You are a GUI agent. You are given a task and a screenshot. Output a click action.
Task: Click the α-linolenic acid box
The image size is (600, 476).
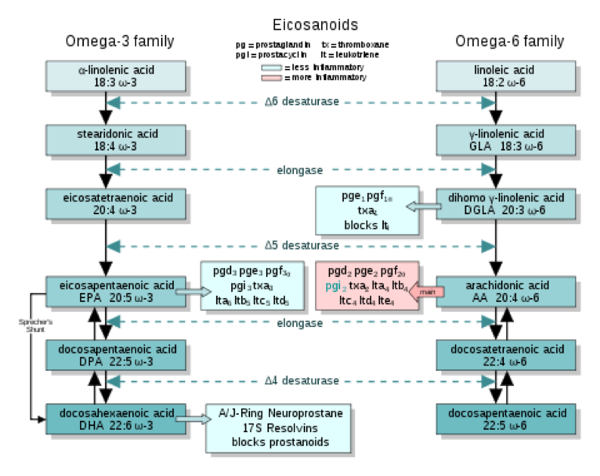[x=116, y=76]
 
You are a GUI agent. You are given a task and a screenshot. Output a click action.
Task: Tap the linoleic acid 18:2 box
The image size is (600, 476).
[x=495, y=76]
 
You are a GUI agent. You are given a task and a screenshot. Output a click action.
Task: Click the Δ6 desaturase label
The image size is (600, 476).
[x=301, y=101]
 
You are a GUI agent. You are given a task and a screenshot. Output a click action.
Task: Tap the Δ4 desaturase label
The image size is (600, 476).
[x=301, y=381]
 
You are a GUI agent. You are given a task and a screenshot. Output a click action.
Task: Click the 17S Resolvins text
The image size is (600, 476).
[x=280, y=428]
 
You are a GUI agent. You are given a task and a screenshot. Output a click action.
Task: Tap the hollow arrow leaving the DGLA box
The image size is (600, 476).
[x=423, y=205]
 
